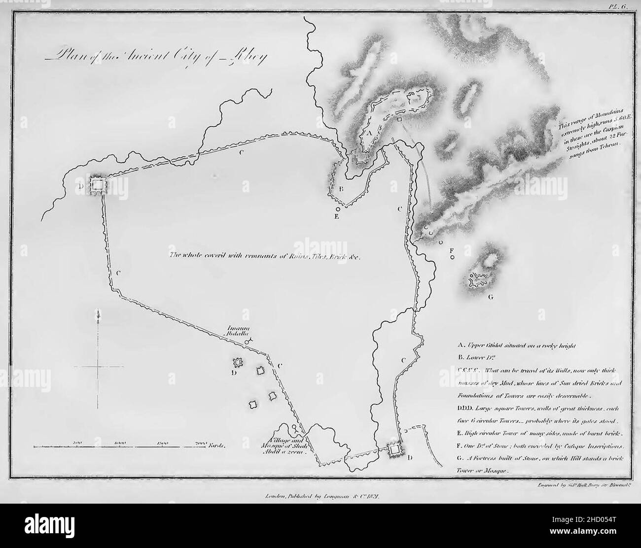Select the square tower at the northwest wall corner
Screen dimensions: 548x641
98,185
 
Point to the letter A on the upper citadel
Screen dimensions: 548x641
368,132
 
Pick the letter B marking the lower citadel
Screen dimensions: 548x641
340,189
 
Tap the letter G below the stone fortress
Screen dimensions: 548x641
490,297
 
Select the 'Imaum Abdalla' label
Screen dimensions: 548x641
237,329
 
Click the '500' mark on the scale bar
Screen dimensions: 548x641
77,443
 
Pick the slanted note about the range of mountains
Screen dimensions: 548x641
587,136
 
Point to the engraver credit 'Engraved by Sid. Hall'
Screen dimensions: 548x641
582,485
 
